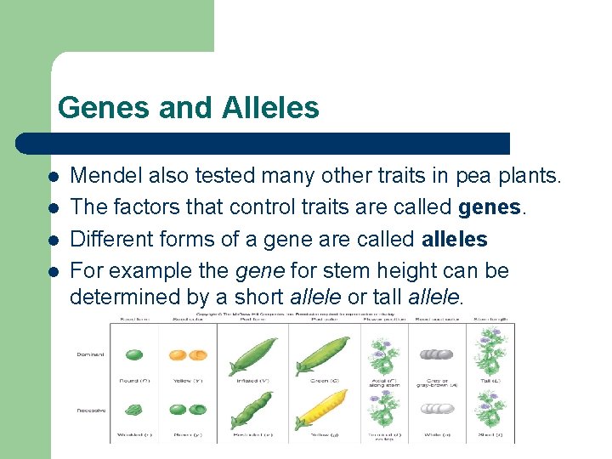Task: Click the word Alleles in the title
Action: pos(270,108)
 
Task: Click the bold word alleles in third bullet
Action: pos(454,240)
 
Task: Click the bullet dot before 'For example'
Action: pos(53,272)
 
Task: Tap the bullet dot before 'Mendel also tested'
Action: pos(53,177)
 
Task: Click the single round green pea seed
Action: pos(134,356)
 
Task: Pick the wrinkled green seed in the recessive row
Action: pos(134,410)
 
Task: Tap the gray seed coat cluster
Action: pos(438,355)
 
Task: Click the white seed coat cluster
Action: pos(438,408)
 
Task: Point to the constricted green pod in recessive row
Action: pos(252,410)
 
